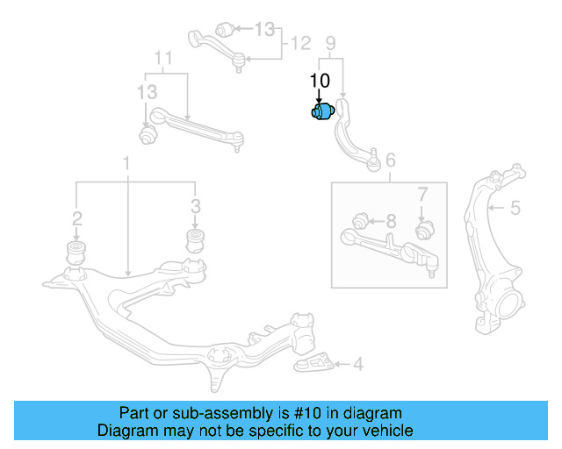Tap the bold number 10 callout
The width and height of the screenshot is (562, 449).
click(320, 81)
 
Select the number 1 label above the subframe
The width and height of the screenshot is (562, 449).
click(126, 163)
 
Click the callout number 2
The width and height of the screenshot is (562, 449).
click(77, 217)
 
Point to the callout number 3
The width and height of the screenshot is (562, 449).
click(195, 207)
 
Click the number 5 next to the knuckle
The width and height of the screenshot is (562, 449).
click(516, 208)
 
